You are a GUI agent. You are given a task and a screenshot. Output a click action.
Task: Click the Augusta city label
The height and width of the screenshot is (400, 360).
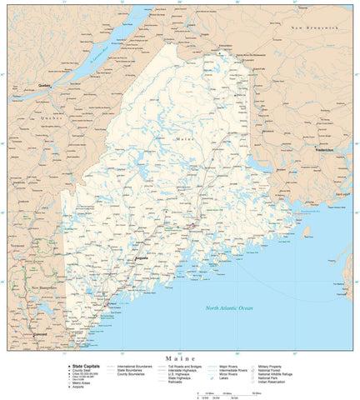[x=142, y=258]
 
